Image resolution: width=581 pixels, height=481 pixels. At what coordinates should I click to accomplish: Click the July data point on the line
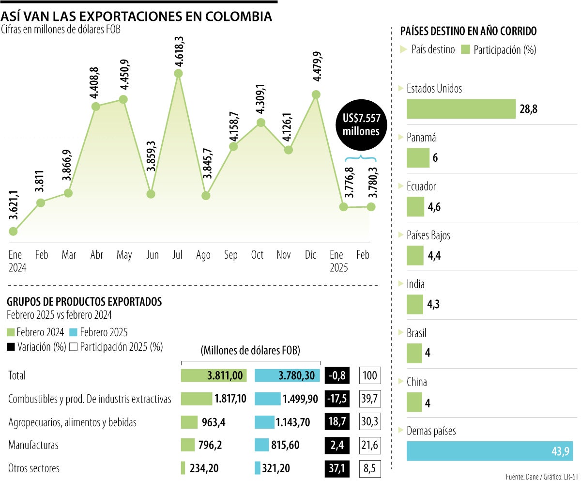(178, 73)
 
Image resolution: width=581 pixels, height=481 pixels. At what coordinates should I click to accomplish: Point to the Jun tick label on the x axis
(152, 255)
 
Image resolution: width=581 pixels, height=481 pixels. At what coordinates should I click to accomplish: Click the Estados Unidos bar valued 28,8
(461, 109)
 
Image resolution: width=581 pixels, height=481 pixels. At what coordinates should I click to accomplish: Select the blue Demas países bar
(489, 450)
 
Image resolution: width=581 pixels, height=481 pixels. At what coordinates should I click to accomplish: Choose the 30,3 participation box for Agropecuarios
(370, 422)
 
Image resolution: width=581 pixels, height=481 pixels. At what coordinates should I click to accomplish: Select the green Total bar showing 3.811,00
(214, 375)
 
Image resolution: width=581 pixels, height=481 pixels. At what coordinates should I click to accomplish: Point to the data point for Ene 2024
(13, 232)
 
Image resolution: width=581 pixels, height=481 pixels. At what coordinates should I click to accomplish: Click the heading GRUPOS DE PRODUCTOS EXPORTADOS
(84, 302)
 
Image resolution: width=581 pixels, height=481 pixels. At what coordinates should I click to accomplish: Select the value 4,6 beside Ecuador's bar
(434, 207)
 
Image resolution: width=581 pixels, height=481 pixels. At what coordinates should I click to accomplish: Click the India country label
(415, 284)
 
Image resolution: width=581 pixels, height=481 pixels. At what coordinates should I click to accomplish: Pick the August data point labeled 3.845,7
(206, 196)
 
